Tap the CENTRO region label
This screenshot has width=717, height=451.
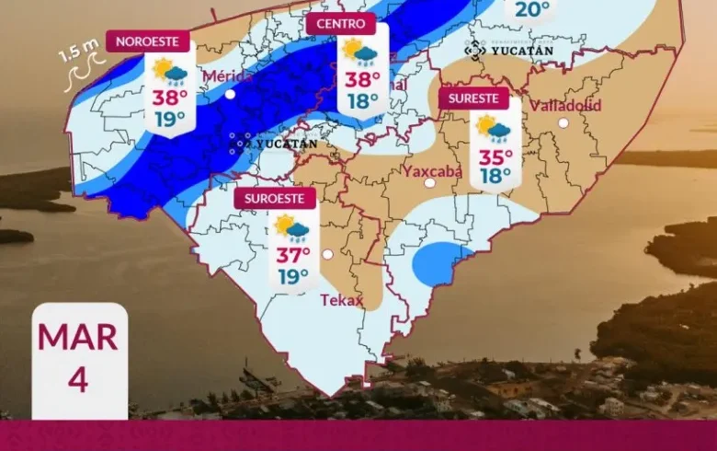(x=341, y=24)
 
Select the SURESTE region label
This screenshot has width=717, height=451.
(x=474, y=98)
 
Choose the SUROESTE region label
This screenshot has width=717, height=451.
(x=275, y=198)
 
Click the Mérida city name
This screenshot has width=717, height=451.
(x=228, y=75)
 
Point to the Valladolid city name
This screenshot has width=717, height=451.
(x=565, y=105)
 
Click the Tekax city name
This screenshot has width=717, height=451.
(x=342, y=300)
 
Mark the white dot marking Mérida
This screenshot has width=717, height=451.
(x=230, y=94)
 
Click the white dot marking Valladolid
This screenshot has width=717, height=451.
(x=563, y=122)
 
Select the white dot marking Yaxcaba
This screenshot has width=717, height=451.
(x=429, y=183)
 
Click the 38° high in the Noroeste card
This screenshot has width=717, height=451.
(x=170, y=97)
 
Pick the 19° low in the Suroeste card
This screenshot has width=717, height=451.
(x=293, y=276)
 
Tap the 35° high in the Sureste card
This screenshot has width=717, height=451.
(x=495, y=156)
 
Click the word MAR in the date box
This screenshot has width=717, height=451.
(x=78, y=337)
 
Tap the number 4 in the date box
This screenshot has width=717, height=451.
(x=78, y=378)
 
